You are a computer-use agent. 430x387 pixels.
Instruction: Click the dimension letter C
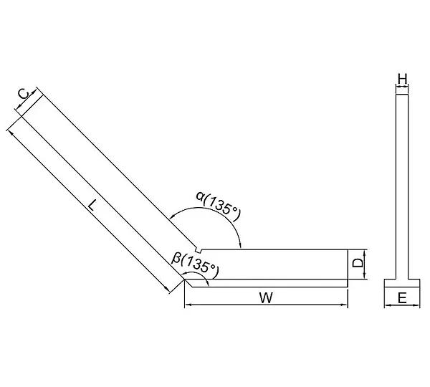(24, 95)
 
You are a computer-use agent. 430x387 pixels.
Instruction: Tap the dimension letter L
(92, 205)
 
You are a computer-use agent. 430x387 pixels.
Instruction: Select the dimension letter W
(266, 298)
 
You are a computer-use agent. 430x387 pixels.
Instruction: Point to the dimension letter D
(358, 263)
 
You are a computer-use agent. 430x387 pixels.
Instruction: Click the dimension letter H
(402, 80)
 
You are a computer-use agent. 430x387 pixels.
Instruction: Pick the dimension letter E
(402, 298)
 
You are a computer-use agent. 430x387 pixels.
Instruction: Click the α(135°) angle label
(218, 206)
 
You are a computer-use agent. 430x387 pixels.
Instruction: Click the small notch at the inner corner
(199, 250)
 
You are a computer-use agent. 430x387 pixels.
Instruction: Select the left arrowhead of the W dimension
(188, 305)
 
